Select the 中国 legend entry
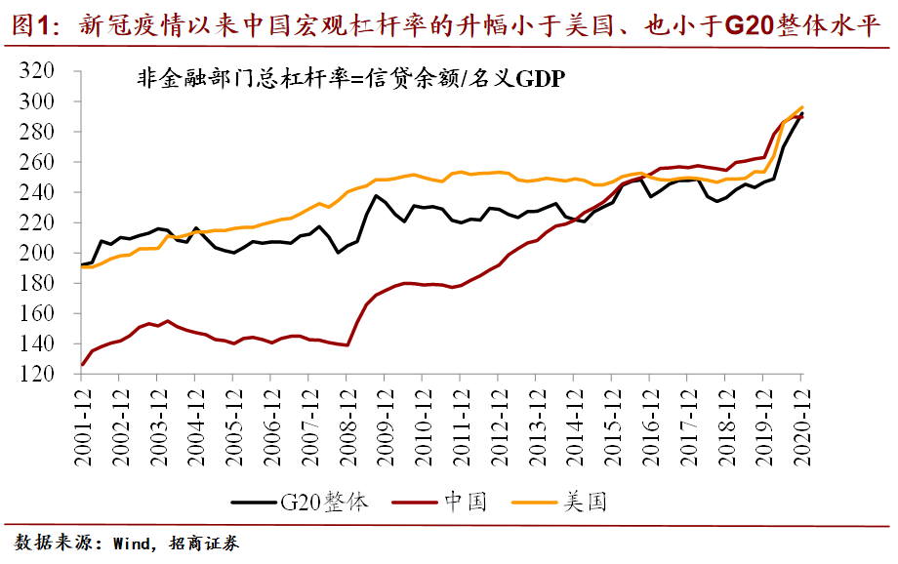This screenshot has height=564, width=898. (x=465, y=503)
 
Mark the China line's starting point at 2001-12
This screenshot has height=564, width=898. (x=83, y=365)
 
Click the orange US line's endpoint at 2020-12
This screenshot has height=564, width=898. (x=802, y=107)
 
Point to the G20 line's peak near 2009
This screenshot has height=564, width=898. (x=376, y=196)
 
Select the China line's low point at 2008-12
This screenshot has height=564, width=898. (x=347, y=344)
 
